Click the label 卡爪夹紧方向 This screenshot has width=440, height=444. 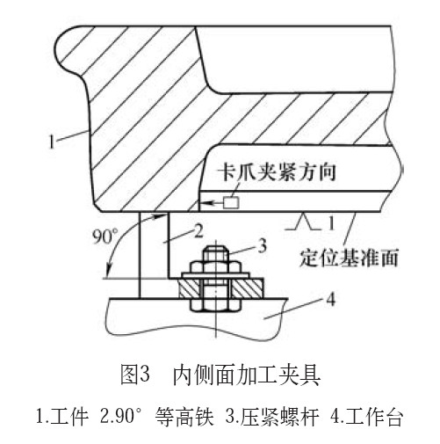click(x=278, y=172)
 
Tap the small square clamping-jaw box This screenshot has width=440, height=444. click(x=231, y=202)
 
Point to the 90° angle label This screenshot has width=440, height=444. click(x=105, y=237)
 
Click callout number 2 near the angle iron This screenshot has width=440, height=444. click(x=198, y=231)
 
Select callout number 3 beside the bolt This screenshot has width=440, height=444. click(x=262, y=245)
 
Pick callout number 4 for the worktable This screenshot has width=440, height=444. click(x=330, y=300)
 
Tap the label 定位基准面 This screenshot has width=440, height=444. click(x=349, y=258)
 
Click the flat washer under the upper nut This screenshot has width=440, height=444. click(x=216, y=275)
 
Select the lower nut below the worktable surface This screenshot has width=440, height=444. click(x=216, y=305)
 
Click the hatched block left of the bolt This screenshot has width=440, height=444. click(x=190, y=288)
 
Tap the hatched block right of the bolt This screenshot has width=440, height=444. click(x=249, y=288)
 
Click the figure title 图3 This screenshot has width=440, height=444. click(x=135, y=375)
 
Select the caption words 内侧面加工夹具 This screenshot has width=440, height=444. click(x=247, y=375)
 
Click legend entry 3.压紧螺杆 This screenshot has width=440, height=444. click(x=272, y=417)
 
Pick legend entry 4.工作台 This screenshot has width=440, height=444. click(x=367, y=417)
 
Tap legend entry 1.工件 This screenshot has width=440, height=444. click(x=61, y=417)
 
